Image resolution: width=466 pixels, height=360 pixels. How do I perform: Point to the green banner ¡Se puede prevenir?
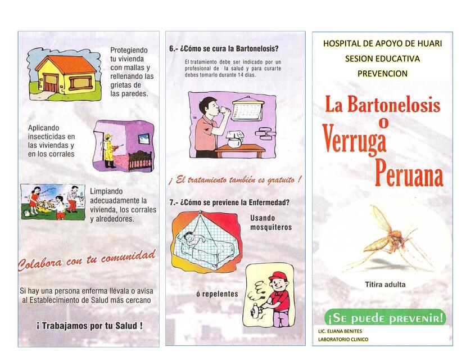click(x=386, y=318)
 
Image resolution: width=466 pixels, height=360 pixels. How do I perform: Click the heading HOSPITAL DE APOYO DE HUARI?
click(x=382, y=44)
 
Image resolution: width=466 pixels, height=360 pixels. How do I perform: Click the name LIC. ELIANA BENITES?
click(x=340, y=331)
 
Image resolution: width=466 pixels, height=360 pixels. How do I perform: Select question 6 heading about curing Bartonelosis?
click(x=224, y=49)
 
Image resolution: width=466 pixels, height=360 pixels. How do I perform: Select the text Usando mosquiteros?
click(x=271, y=223)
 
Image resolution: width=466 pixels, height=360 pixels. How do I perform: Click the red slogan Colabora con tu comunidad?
click(x=86, y=260)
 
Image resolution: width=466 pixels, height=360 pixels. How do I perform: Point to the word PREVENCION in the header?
click(x=382, y=73)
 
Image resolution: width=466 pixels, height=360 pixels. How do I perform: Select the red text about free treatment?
click(x=235, y=180)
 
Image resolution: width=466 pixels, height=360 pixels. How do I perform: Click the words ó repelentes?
click(x=217, y=294)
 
